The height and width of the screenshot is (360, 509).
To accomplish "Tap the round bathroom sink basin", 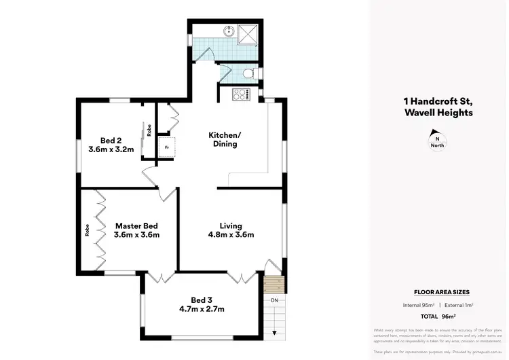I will [229, 31].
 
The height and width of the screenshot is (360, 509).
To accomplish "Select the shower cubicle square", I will [250, 31].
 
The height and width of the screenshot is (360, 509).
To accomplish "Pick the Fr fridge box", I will [166, 147].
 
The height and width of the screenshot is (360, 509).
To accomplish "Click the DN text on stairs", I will [274, 300].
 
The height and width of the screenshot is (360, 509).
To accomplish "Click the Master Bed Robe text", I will [87, 230].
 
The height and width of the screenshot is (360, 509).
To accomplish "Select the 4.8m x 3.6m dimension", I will [231, 236].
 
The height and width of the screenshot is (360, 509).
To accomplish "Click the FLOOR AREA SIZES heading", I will [442, 291].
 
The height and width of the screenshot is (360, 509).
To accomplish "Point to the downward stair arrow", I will [274, 333].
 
